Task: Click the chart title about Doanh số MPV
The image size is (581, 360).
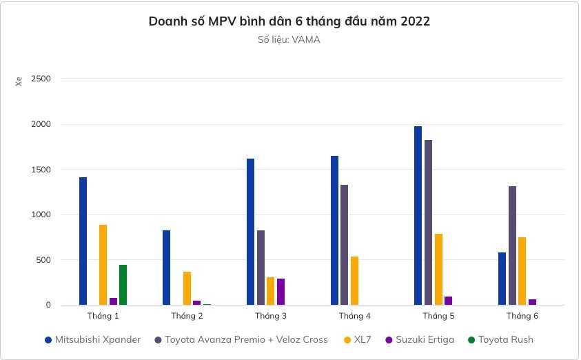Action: click(289, 21)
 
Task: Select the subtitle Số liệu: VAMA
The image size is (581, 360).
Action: click(289, 40)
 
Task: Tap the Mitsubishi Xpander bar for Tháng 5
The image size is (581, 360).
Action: click(418, 215)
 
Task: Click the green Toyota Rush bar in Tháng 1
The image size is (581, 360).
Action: click(123, 285)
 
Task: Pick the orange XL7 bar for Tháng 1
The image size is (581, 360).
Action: click(103, 265)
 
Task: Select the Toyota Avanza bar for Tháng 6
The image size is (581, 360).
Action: click(512, 246)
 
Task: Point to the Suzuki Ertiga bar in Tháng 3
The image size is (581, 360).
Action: click(281, 292)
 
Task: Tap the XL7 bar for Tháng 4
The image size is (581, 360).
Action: click(354, 281)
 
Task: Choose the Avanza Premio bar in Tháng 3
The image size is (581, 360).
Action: click(261, 268)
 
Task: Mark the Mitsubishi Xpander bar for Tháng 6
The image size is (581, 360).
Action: click(502, 279)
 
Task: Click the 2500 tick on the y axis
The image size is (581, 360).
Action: click(41, 79)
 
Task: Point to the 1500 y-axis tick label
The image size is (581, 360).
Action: click(41, 170)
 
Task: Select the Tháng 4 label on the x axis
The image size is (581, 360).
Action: click(354, 316)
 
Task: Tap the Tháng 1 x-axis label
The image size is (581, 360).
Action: click(103, 316)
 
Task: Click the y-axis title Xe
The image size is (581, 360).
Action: click(19, 81)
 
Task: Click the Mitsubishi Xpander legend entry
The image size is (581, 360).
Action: click(97, 339)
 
